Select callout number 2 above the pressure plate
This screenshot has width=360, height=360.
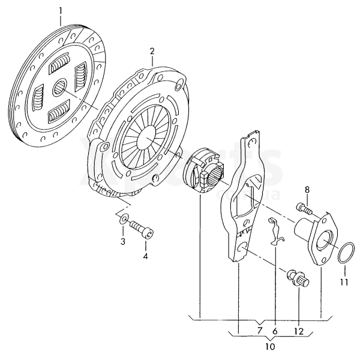(x=152, y=51)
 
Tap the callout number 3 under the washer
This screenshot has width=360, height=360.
(x=122, y=241)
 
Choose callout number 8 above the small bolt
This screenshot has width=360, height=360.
(x=307, y=190)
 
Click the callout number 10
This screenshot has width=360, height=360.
(x=270, y=347)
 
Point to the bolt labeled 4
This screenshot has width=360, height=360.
(x=143, y=229)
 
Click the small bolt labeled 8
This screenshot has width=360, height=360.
(x=304, y=209)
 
